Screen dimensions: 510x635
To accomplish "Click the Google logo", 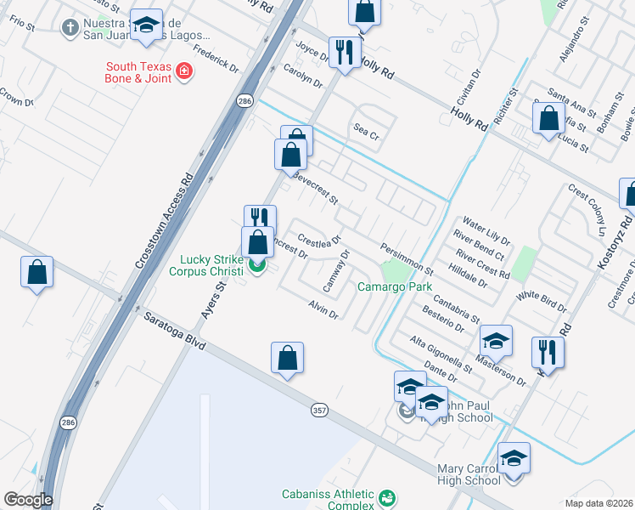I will point(27,500).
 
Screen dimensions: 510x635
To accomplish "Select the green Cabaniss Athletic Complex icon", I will point(387,496).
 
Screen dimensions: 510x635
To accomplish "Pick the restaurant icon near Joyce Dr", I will point(344,53).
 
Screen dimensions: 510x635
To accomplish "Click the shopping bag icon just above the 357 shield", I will point(288,358).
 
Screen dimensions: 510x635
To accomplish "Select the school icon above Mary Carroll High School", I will point(513,459).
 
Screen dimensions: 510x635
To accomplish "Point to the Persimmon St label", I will point(407,258).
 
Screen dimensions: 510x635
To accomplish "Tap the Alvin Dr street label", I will point(323,309).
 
